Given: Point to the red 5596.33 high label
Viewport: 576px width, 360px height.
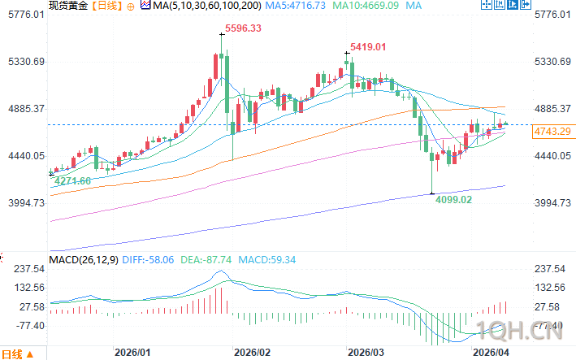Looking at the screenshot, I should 242,28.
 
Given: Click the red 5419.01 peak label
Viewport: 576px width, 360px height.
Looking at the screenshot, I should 367,47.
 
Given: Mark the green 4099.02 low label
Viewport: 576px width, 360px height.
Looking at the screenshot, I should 453,198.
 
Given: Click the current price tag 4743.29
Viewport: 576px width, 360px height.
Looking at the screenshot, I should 552,132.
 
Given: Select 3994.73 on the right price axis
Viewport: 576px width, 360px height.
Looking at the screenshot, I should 554,203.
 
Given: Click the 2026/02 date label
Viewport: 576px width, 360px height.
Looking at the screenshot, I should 251,353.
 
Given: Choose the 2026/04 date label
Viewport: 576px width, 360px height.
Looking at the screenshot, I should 490,353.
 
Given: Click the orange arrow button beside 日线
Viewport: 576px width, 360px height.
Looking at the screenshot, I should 30,353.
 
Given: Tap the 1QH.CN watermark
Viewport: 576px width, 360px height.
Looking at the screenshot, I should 532,329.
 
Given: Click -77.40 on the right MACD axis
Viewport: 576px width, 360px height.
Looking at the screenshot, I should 552,325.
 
